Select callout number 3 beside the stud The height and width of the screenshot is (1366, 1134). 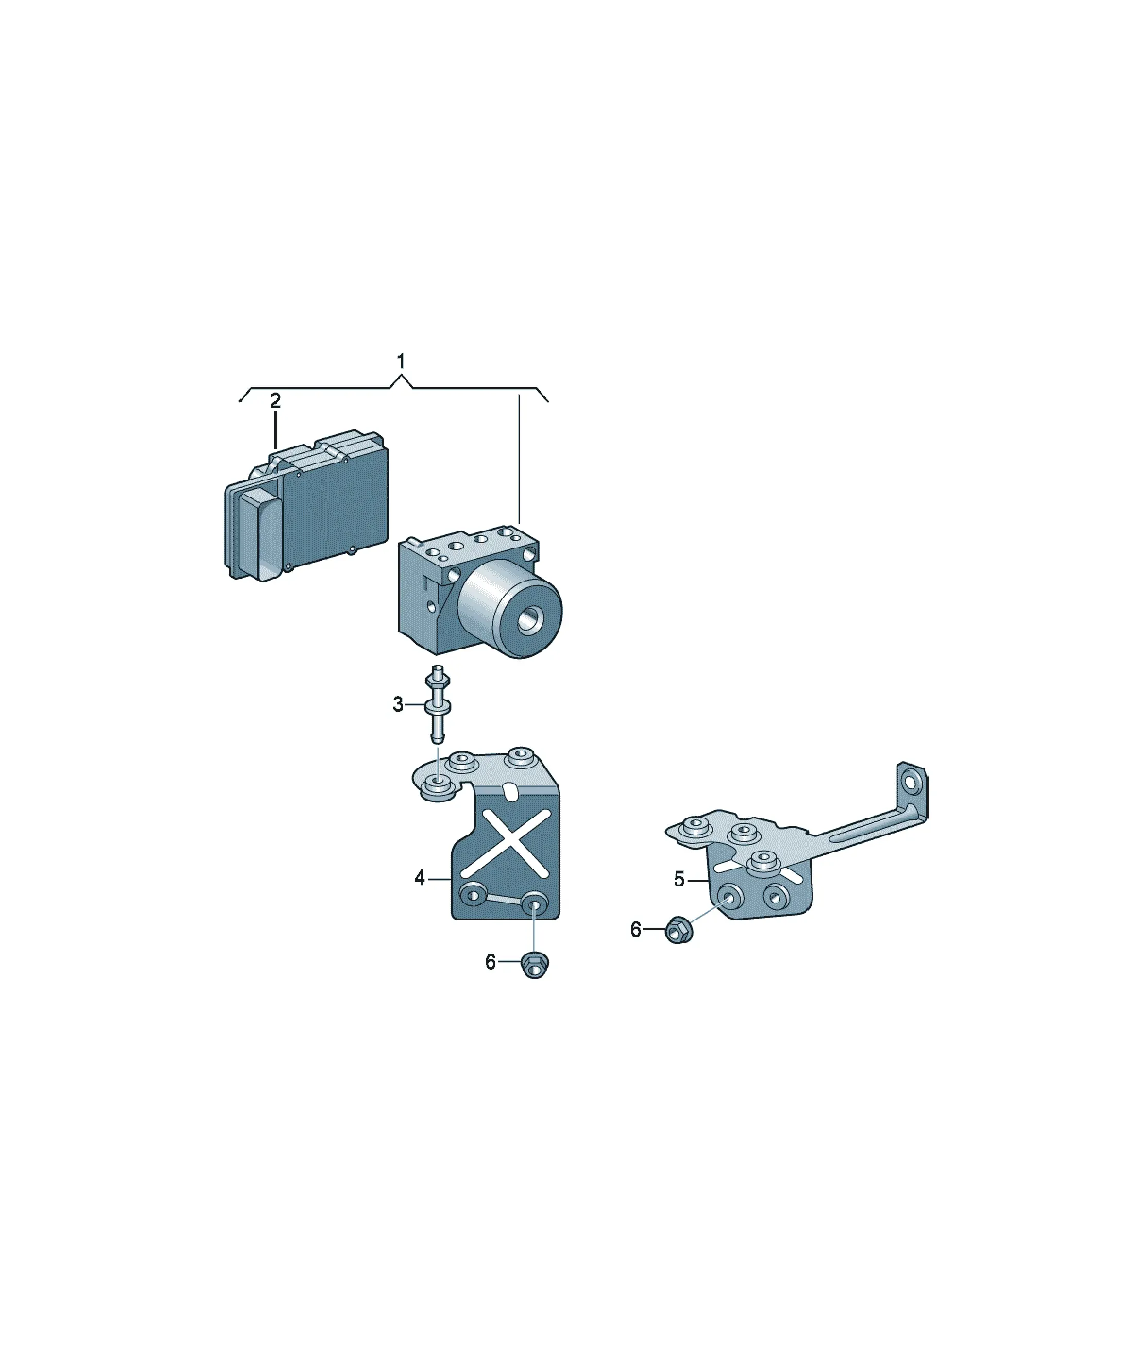(398, 704)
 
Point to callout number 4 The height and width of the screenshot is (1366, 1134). (420, 878)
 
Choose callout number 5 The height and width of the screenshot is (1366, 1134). (679, 880)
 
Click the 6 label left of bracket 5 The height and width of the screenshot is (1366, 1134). (636, 930)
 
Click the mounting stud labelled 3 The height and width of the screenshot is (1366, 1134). (438, 704)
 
